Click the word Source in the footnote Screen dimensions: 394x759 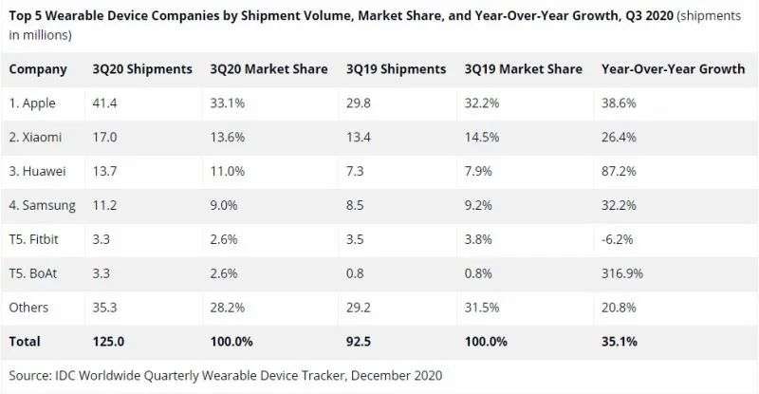pyautogui.click(x=32, y=374)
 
